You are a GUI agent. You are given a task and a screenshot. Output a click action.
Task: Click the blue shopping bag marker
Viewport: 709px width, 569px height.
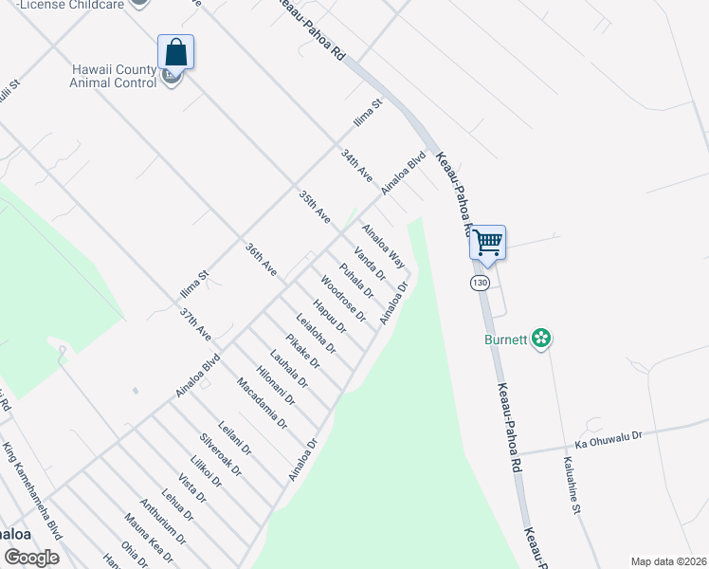tap(175, 51)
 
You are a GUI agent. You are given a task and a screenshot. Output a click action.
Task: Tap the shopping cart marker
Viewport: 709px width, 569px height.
tap(487, 242)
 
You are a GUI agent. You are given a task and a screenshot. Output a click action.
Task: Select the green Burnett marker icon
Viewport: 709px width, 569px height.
tap(541, 338)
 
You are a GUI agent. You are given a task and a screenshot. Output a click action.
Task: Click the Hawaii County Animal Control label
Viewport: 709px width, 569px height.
tap(113, 76)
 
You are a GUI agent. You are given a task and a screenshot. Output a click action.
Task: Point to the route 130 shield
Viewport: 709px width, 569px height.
tap(482, 284)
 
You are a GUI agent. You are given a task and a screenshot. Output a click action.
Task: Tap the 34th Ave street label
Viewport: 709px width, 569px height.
tap(356, 164)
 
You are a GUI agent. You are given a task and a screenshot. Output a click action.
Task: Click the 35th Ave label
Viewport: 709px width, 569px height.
tap(314, 208)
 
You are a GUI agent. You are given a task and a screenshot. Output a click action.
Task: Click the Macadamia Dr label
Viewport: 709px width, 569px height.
tap(261, 403)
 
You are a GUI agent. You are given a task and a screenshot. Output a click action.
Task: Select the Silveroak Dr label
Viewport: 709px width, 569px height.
tap(220, 454)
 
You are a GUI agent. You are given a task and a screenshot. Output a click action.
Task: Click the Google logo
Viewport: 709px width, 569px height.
tap(30, 558)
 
